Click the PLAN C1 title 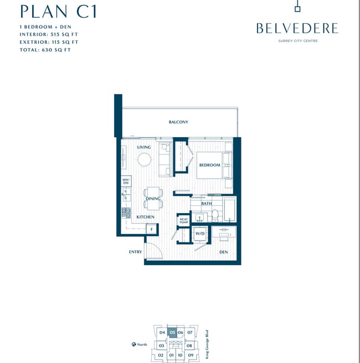pyautogui.click(x=58, y=11)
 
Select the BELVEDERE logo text pyautogui.click(x=297, y=28)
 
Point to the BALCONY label pyautogui.click(x=178, y=122)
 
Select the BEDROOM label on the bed pyautogui.click(x=210, y=165)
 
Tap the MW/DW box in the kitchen pyautogui.click(x=126, y=181)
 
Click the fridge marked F pyautogui.click(x=151, y=229)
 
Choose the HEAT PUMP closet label pyautogui.click(x=184, y=220)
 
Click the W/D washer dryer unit pyautogui.click(x=200, y=234)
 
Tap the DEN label pyautogui.click(x=223, y=252)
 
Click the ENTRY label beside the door pyautogui.click(x=135, y=252)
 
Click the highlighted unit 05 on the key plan pyautogui.click(x=172, y=333)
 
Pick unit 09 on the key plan pyautogui.click(x=190, y=355)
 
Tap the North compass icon pyautogui.click(x=133, y=344)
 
